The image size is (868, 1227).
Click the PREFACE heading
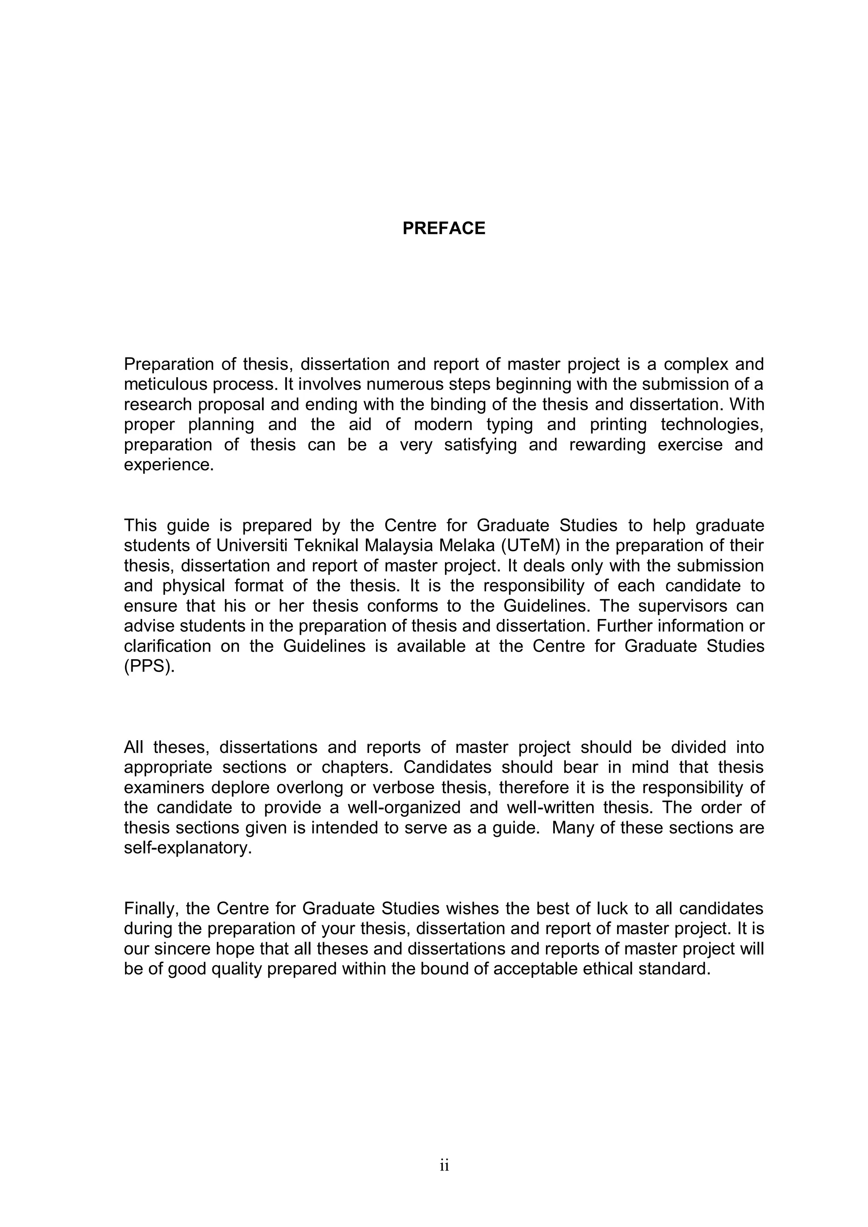(x=444, y=228)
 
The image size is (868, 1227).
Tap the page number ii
(x=444, y=1166)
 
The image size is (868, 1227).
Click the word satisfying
(x=481, y=444)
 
